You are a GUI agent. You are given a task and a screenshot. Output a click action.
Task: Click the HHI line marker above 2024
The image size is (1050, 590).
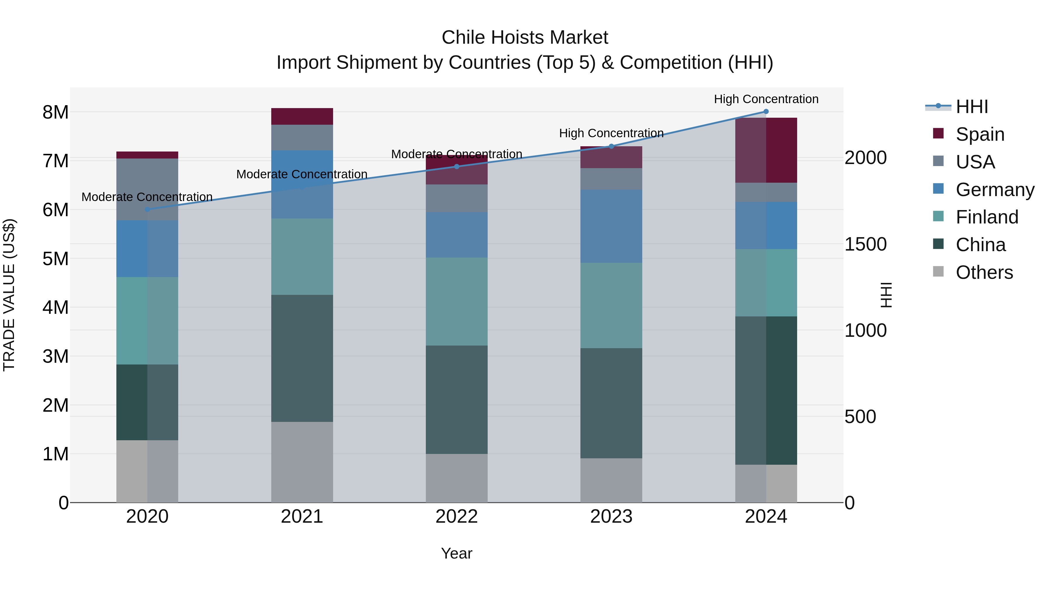click(766, 111)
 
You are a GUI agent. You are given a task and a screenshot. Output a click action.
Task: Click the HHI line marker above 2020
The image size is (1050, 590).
click(148, 209)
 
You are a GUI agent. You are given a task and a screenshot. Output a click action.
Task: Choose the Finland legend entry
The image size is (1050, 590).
click(986, 217)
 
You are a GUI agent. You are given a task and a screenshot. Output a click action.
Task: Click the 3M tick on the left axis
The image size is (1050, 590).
click(56, 356)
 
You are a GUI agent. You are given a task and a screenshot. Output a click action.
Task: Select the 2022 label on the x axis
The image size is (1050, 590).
click(456, 516)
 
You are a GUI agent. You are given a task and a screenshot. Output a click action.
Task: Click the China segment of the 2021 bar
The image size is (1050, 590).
click(302, 358)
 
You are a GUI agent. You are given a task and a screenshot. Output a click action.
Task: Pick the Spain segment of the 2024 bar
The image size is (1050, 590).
click(766, 150)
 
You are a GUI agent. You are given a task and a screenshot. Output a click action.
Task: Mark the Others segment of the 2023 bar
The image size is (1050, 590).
click(611, 480)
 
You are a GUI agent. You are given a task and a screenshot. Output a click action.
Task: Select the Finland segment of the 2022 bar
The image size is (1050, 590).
click(456, 301)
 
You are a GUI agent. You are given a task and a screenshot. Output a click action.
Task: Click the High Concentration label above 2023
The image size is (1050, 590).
click(611, 133)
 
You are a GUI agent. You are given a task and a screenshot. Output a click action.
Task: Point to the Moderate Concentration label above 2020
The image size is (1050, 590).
click(147, 197)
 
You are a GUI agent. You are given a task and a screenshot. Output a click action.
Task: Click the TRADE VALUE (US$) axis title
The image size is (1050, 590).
click(9, 295)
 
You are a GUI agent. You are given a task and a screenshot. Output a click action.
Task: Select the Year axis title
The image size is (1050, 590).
click(456, 553)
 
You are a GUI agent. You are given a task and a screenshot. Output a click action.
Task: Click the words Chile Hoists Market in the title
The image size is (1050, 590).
click(525, 38)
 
